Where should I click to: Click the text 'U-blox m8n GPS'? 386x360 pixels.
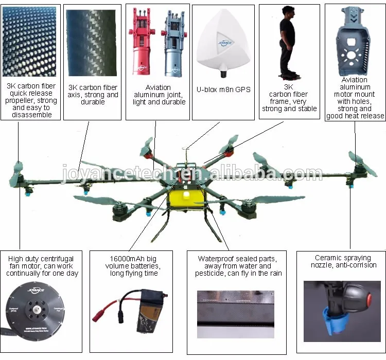pos(223,89)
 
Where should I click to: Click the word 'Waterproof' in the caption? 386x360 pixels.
pos(217,259)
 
